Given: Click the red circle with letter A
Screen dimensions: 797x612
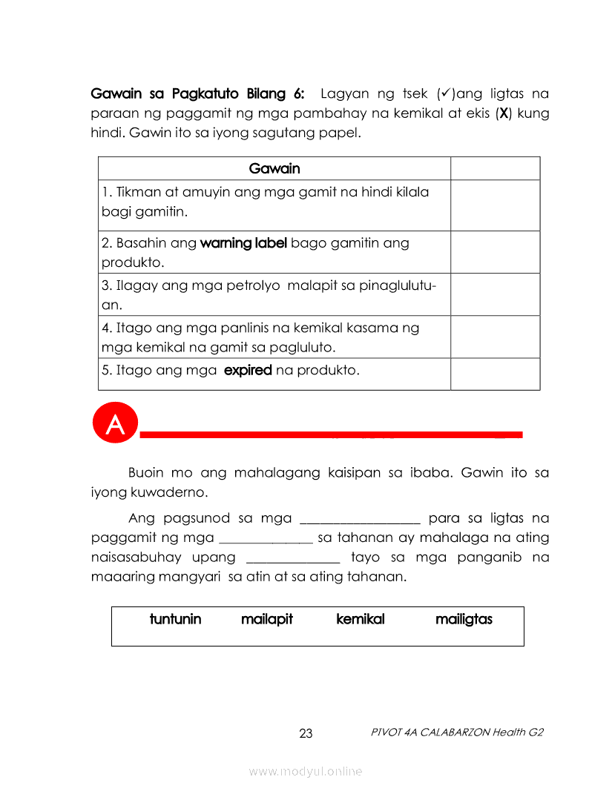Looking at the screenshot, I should pyautogui.click(x=115, y=425).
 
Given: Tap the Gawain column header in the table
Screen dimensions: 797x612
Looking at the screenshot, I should pyautogui.click(x=274, y=168).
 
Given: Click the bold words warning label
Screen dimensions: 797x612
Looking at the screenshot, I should pyautogui.click(x=243, y=243).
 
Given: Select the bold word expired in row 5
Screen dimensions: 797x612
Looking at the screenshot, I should pyautogui.click(x=248, y=370).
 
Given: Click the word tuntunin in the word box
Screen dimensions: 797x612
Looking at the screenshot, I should pyautogui.click(x=175, y=619).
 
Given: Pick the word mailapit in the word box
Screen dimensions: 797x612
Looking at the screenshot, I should pyautogui.click(x=267, y=619).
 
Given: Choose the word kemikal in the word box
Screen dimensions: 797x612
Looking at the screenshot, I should pyautogui.click(x=361, y=619).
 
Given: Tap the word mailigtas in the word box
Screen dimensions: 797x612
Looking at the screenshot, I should pyautogui.click(x=464, y=619).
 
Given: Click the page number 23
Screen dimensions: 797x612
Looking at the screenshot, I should pyautogui.click(x=306, y=734).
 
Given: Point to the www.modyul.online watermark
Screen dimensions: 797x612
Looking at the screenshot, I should pyautogui.click(x=306, y=772).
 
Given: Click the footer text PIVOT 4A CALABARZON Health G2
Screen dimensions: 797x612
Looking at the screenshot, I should pyautogui.click(x=457, y=732).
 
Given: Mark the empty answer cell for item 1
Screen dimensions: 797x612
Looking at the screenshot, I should pyautogui.click(x=495, y=205).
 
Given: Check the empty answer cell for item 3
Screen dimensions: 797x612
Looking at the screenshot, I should pyautogui.click(x=495, y=294).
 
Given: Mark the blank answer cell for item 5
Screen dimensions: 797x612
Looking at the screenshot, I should pyautogui.click(x=495, y=374).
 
